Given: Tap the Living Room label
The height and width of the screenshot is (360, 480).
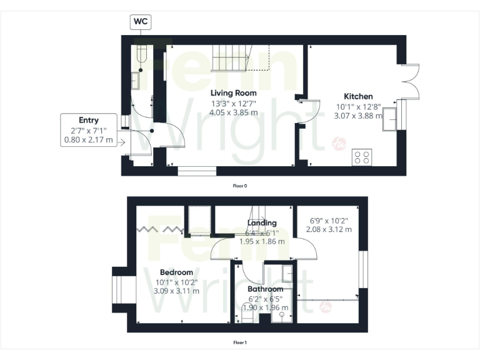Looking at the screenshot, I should coord(234,93).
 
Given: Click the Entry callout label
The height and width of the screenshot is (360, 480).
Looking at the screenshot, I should coord(89,120).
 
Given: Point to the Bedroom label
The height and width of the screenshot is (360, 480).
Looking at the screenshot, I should coord(176,272).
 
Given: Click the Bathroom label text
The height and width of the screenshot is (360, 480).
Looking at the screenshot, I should coord(266,289).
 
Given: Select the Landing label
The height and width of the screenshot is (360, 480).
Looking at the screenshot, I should coord(262,223).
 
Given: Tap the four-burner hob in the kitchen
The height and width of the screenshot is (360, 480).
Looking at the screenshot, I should coord(361,156).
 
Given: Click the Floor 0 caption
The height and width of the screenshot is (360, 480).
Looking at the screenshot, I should coord(240,186).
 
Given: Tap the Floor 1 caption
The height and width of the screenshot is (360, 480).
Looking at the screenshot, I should coord(240,342).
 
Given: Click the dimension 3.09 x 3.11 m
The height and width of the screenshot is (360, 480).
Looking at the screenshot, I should coord(177,291).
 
